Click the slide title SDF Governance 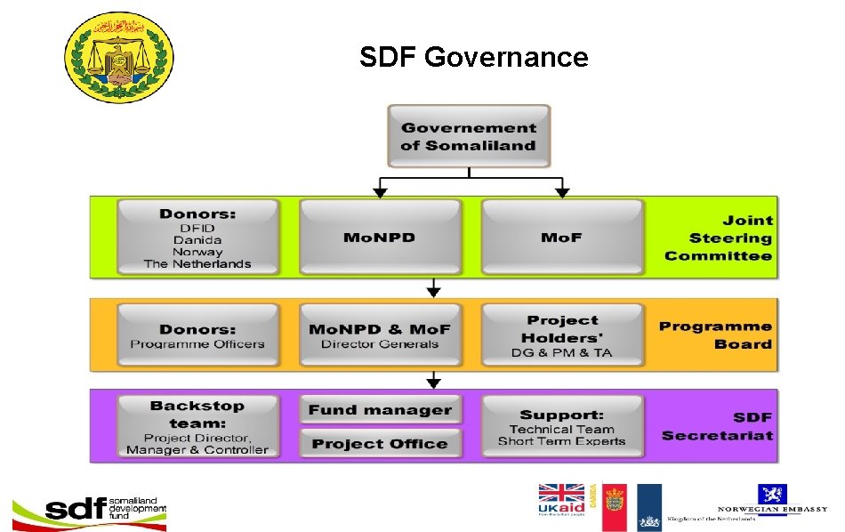tap(473, 58)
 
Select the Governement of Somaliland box tap(469, 136)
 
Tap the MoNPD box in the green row tap(380, 238)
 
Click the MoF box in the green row tap(561, 238)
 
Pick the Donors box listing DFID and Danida tap(197, 238)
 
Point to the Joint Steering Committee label tap(719, 238)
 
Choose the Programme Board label tap(715, 335)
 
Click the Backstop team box tap(197, 427)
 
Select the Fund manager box tap(380, 410)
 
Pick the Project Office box tap(380, 443)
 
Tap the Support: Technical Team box tap(561, 427)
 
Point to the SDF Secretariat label tap(717, 426)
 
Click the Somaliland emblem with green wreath tap(120, 58)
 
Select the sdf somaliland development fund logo tap(89, 509)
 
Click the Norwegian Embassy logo tap(771, 503)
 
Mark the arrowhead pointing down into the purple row tap(433, 383)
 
